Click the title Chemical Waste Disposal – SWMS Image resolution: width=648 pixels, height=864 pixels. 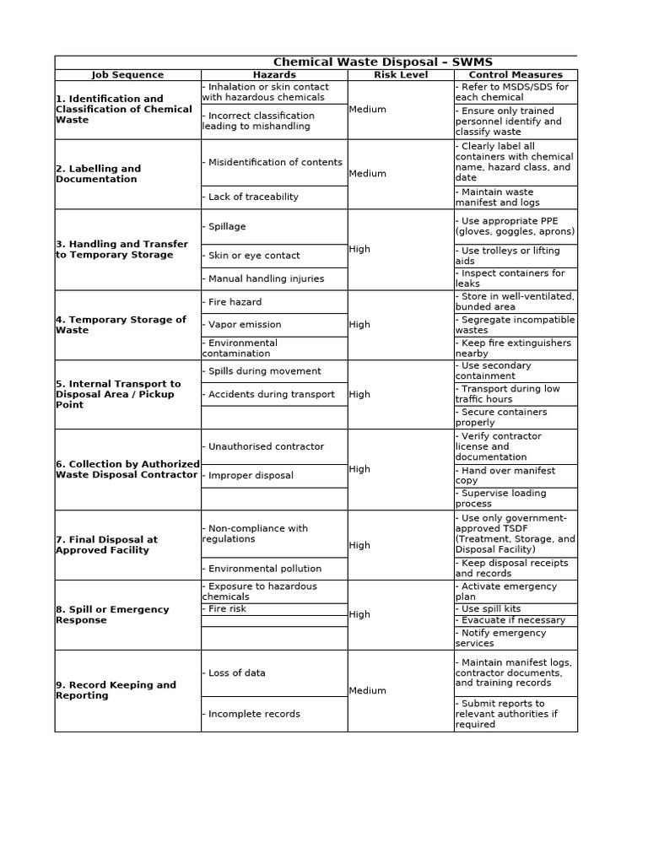[x=382, y=62]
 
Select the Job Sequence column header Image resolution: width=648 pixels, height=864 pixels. [x=127, y=75]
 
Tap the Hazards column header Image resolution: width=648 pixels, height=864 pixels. [x=274, y=75]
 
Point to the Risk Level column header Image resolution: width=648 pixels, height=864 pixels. [x=401, y=75]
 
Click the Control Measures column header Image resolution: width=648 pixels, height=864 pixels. [x=516, y=75]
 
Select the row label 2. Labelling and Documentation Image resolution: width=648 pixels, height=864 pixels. [x=99, y=174]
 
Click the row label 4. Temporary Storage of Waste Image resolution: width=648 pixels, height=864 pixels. [x=121, y=325]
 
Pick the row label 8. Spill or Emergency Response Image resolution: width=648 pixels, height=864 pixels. [x=112, y=614]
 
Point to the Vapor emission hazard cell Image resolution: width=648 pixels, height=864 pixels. [x=245, y=325]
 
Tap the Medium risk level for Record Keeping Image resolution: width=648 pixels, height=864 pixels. [x=368, y=691]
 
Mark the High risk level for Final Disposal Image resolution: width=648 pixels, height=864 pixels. [x=359, y=545]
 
